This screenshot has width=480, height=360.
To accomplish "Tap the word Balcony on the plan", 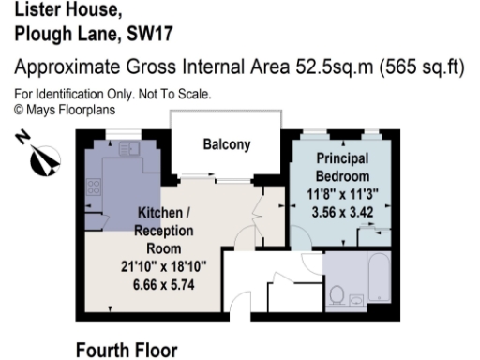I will tap(227, 145).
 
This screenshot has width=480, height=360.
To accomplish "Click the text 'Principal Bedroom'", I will tap(342, 167).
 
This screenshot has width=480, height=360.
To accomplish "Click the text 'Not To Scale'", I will tap(179, 94).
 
